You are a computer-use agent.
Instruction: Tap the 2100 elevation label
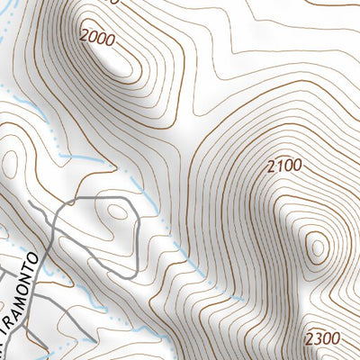(x=284, y=166)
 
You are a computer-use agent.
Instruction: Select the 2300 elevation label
(x=322, y=339)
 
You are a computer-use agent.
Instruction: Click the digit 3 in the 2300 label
(x=317, y=339)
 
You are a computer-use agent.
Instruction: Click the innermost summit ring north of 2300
(x=316, y=248)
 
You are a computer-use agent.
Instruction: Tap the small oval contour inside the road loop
(x=117, y=212)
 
